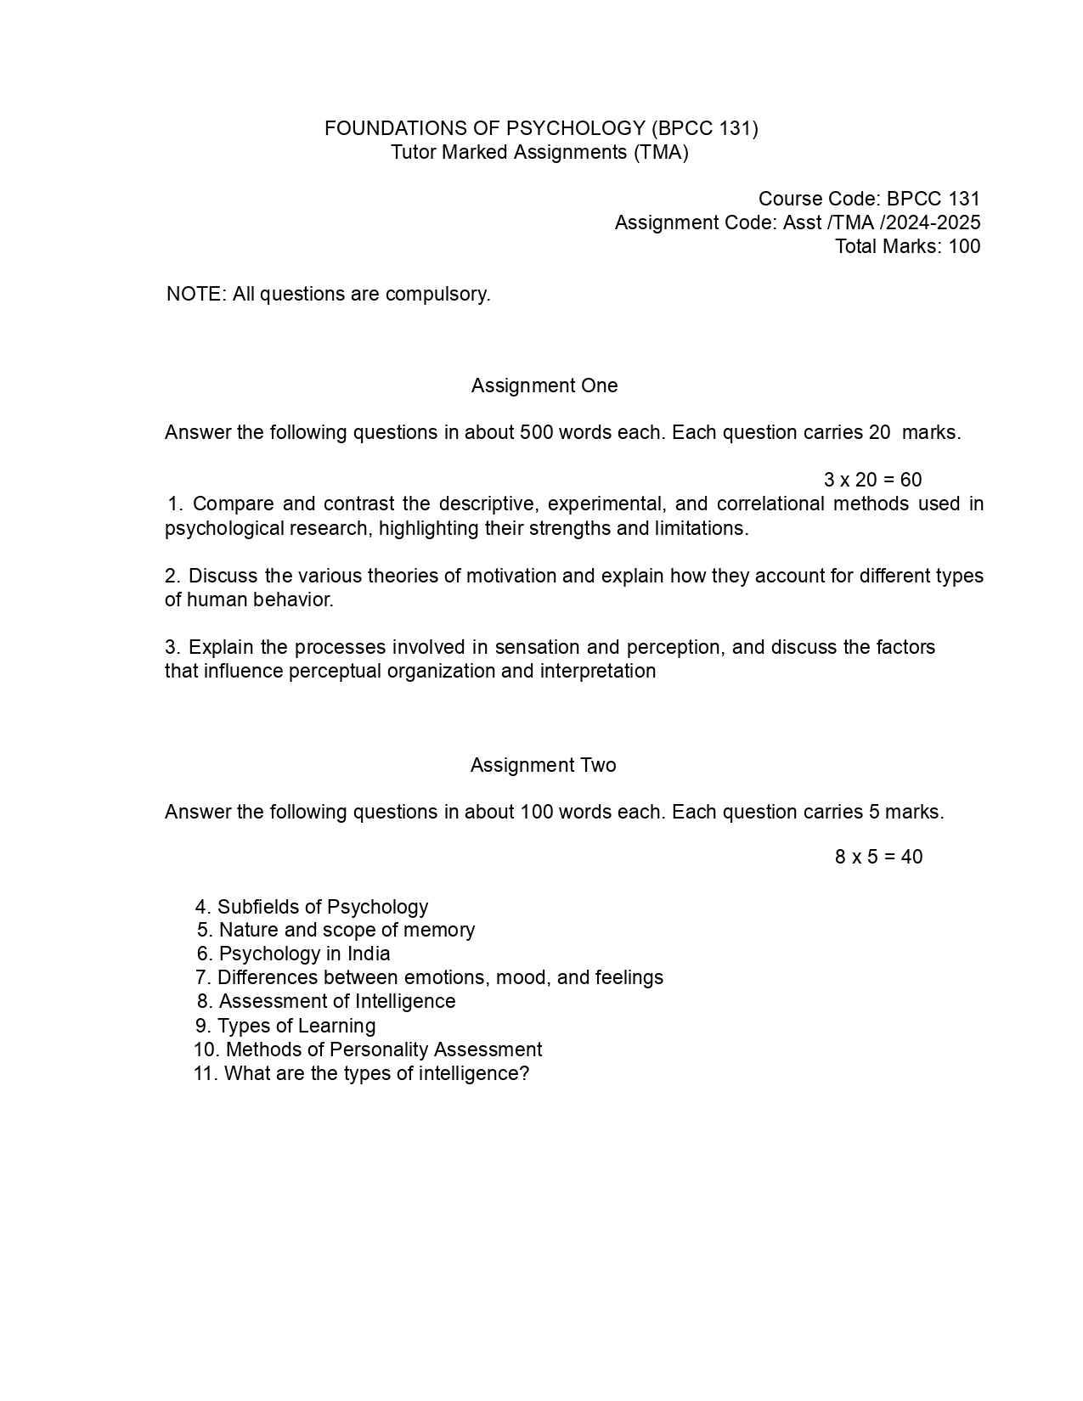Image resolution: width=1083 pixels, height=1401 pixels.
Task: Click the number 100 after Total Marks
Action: (x=964, y=246)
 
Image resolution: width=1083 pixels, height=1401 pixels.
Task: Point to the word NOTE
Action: (x=195, y=294)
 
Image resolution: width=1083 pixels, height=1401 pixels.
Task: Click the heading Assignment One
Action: (x=544, y=385)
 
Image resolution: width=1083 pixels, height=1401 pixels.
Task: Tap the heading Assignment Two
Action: (x=543, y=765)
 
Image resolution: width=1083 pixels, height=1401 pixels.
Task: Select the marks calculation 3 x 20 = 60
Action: (x=872, y=480)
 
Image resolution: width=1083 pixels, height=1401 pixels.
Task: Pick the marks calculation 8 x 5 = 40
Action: (x=878, y=857)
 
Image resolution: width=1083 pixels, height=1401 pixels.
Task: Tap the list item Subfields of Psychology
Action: (x=323, y=907)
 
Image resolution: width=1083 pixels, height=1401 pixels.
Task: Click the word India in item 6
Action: (x=369, y=954)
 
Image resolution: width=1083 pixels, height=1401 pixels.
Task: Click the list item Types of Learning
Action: (x=296, y=1026)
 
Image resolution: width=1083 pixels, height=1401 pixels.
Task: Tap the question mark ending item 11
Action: (x=525, y=1073)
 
